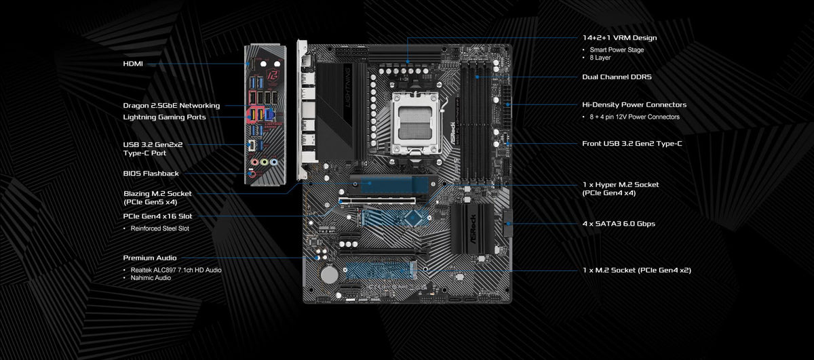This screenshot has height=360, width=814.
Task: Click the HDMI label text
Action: pos(133,64)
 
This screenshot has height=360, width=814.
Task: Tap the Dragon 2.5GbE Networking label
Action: pos(172,106)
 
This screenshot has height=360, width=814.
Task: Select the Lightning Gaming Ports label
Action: pos(164,117)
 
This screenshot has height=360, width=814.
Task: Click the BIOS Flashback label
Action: pos(151,174)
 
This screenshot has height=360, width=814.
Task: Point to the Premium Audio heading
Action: pos(150,258)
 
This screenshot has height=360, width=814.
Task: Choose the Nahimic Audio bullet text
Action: pos(151,278)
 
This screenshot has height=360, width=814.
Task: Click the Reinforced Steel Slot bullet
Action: pos(160,228)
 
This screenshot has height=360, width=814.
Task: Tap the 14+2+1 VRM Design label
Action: pos(619,38)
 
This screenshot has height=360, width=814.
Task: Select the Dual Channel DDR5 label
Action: pos(617,77)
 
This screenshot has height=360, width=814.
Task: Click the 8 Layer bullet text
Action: pos(600,58)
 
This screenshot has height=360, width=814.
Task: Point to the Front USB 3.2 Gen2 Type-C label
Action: pos(632,144)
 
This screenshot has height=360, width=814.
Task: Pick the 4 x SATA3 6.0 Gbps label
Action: pos(619,224)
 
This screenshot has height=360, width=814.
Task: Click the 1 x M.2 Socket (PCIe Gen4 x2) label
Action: pos(637,271)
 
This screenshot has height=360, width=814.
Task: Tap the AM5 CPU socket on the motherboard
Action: pos(415,123)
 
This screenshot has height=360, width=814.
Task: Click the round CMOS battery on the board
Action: pos(329,275)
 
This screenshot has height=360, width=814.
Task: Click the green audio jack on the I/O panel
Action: pos(265,162)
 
